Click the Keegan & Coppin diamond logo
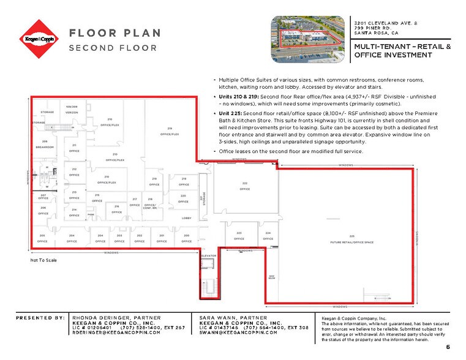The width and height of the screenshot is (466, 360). click(40, 39)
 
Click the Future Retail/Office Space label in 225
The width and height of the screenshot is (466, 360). click(352, 239)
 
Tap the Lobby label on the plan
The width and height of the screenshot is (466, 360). click(187, 219)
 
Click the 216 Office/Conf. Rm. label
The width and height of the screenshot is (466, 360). click(150, 202)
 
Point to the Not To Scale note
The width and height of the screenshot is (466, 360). click(43, 261)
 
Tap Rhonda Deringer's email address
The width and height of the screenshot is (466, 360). click(116, 332)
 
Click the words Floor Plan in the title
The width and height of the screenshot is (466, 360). click(115, 33)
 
